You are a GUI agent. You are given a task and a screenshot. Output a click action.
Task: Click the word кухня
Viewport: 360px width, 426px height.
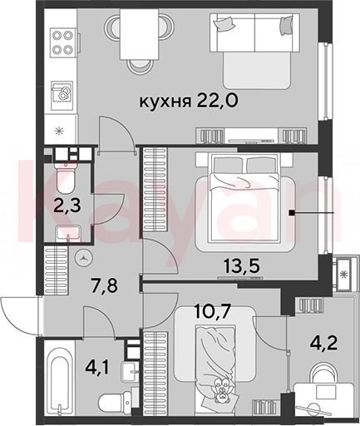(165, 102)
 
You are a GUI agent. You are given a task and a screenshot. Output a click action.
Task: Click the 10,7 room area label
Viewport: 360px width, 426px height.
(212, 311)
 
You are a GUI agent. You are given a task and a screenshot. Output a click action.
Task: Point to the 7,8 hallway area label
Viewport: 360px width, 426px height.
(105, 285)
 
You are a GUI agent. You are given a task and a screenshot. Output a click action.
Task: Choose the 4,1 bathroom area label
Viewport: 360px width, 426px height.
(98, 367)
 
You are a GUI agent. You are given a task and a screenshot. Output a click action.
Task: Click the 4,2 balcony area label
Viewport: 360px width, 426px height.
(323, 344)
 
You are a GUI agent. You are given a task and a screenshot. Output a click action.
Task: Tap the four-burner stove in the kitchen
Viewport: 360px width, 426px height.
(63, 42)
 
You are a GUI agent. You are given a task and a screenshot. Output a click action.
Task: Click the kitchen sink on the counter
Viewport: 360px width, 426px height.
(62, 93)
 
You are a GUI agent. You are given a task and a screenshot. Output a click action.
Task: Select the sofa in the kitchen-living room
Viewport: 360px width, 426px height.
(254, 50)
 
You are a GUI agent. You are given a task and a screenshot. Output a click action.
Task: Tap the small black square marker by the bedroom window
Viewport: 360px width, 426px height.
(292, 213)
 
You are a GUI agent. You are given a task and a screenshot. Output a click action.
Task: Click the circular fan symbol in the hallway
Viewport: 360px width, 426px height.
(84, 258)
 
